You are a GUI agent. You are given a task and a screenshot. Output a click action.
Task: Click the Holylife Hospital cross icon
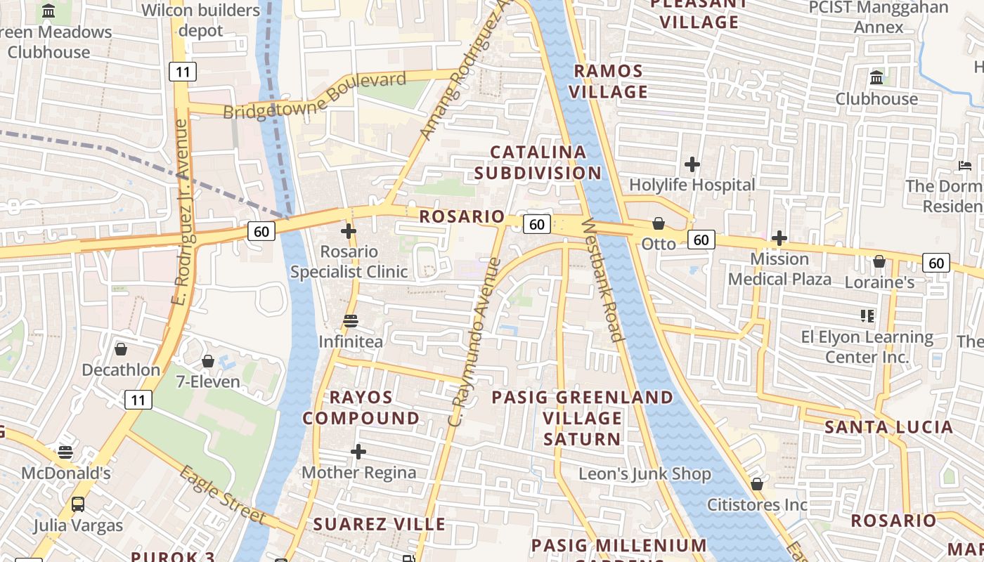(692, 164)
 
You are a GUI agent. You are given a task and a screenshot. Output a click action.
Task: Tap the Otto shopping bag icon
(659, 223)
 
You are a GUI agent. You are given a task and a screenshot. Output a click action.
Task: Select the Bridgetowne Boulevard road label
(315, 96)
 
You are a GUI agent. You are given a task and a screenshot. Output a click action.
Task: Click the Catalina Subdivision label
(538, 162)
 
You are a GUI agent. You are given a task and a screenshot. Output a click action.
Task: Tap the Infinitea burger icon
(351, 321)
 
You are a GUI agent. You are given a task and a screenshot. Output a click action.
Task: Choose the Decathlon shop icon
(121, 349)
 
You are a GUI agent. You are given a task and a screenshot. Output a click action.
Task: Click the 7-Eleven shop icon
(208, 361)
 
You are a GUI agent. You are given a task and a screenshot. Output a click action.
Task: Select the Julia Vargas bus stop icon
(78, 504)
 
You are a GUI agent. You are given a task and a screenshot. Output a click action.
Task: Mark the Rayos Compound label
(361, 407)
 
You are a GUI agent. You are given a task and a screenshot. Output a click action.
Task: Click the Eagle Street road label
(222, 495)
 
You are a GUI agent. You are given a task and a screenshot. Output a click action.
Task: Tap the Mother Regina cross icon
(358, 452)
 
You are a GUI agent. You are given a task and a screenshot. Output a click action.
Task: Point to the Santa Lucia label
(888, 427)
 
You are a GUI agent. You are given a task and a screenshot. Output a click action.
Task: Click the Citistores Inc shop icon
(757, 484)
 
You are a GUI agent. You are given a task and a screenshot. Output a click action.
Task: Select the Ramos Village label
(608, 81)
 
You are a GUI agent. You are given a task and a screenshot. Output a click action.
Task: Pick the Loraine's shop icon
(879, 261)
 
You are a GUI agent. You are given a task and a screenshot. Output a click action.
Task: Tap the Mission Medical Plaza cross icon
(779, 238)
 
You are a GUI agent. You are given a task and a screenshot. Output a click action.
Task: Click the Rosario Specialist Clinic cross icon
(349, 230)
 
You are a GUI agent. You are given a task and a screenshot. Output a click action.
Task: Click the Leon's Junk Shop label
(645, 474)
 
